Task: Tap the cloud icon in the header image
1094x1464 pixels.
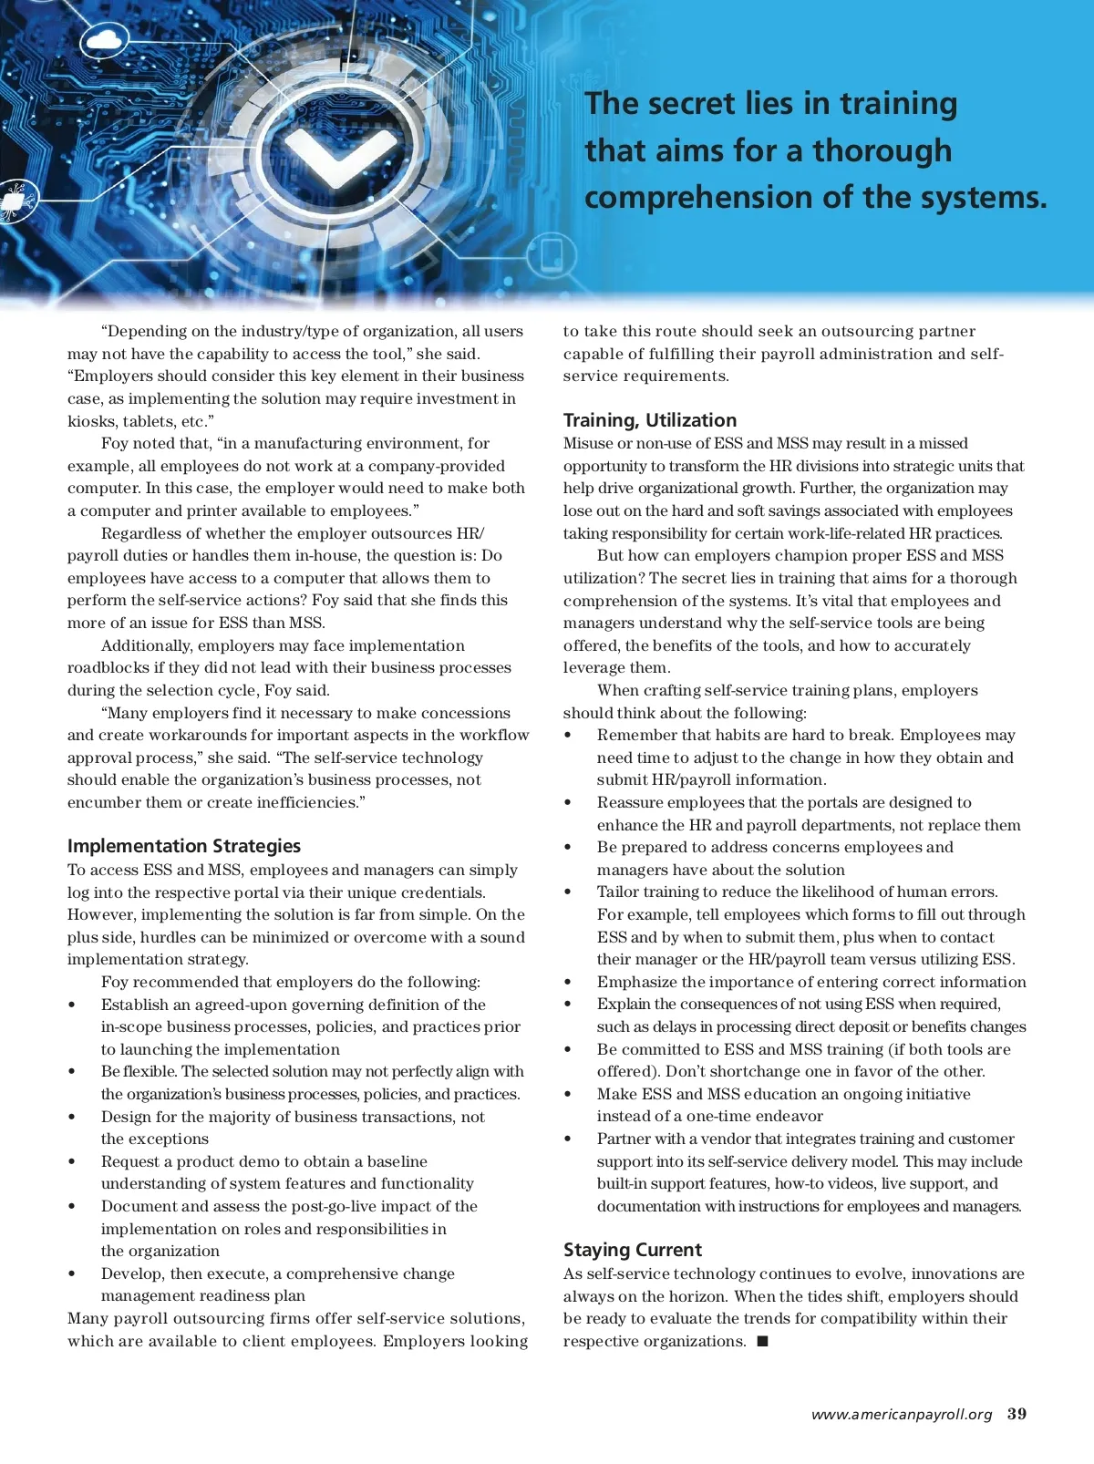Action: coord(108,40)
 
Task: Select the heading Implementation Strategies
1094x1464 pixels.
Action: coord(183,846)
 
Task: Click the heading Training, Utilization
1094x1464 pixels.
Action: coord(649,420)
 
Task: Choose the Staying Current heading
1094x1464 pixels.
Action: coord(632,1250)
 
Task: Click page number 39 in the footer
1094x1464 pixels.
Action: coord(1017,1414)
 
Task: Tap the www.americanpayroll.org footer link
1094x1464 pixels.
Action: coord(901,1415)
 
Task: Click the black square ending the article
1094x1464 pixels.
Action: coord(763,1341)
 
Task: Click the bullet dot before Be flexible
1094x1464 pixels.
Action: coord(72,1072)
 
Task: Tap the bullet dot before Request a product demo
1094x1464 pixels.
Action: coord(72,1161)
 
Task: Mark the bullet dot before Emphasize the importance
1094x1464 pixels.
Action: coord(568,983)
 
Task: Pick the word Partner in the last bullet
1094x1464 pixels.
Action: coord(623,1139)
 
